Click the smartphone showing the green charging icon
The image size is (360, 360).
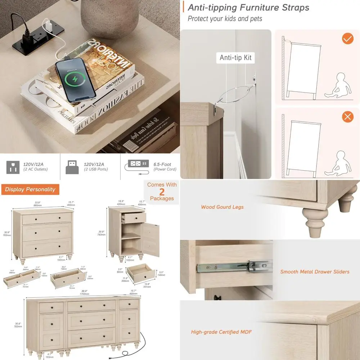coord(76,80)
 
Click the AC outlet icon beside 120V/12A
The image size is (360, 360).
coord(13,167)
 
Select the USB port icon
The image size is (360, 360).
coord(72,167)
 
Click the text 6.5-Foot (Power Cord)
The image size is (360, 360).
coord(165,167)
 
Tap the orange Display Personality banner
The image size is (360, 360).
coord(30,189)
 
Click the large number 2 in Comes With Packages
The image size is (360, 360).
coord(162,192)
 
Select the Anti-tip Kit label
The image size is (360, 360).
coord(236,58)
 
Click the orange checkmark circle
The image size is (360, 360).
coord(347,39)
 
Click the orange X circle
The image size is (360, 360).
coord(347,117)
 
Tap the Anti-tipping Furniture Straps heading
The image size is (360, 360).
coord(248,7)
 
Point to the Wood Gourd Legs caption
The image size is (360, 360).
coord(222,207)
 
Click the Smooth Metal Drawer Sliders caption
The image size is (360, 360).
coord(315,271)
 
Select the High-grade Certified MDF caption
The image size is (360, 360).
coord(221,332)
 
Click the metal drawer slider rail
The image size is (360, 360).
coord(234,267)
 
